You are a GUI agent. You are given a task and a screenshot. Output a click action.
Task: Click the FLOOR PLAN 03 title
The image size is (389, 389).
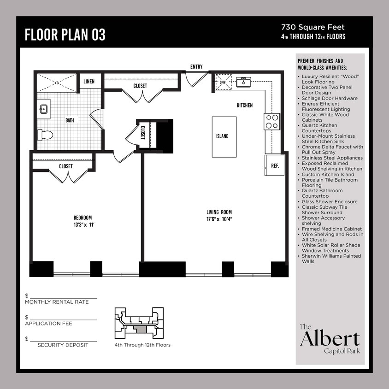tap(65, 35)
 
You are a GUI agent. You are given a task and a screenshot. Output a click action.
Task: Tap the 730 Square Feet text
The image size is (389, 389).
tap(313, 28)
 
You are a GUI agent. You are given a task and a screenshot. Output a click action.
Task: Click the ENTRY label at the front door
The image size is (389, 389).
tap(196, 67)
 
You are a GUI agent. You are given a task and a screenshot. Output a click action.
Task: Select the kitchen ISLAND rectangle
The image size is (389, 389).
tap(222, 136)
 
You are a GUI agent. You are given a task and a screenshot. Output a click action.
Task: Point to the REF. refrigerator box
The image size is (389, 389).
tap(275, 165)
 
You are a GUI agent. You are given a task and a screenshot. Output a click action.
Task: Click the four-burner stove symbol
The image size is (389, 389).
tap(272, 121)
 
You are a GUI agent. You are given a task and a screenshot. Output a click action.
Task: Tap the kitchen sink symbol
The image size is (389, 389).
tap(243, 82)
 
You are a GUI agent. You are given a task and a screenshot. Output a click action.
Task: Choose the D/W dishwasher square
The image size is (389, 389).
tap(224, 83)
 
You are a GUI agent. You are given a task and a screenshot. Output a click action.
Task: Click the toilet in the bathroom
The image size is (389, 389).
tap(45, 135)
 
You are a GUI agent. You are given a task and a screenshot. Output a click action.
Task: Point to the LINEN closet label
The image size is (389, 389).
tap(89, 82)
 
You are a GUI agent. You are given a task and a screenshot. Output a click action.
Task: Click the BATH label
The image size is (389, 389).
tap(70, 120)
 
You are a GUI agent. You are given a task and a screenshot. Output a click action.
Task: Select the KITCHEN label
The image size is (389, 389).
tap(244, 106)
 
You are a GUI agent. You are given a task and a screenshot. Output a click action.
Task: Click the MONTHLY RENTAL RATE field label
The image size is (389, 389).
tap(57, 302)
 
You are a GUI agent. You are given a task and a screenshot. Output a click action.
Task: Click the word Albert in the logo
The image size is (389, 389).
tap(330, 339)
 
